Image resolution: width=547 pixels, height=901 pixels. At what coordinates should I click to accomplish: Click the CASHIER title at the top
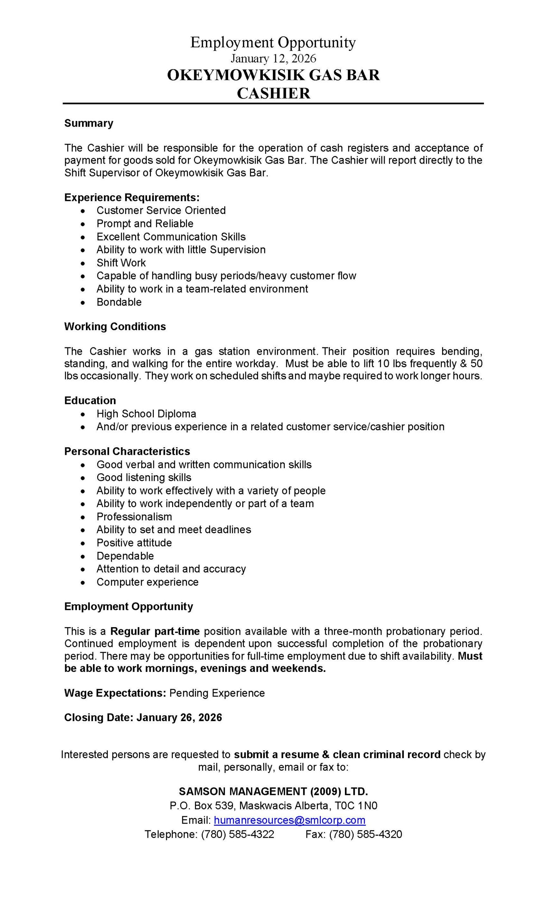coord(273,93)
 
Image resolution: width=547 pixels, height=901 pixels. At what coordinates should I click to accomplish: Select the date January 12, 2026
coord(273,58)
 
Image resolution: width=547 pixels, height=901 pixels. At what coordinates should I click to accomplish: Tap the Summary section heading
coord(88,123)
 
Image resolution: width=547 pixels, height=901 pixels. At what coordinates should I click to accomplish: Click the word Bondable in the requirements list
coord(119,302)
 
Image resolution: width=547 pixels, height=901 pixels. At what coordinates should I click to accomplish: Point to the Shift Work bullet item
coord(121,263)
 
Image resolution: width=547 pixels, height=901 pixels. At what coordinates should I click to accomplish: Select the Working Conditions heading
coord(115,327)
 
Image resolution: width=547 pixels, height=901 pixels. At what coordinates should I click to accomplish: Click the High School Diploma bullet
coord(146,414)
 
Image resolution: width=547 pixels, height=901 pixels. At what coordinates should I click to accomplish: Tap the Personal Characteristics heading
coord(127,451)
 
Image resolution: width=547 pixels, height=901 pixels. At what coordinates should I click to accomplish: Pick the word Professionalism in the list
coord(134,517)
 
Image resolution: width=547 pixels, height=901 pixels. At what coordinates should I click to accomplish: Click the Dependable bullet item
coord(125,556)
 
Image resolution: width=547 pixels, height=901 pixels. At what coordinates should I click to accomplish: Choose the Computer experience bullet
coord(147,582)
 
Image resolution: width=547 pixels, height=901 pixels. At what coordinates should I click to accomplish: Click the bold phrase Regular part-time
coord(155,631)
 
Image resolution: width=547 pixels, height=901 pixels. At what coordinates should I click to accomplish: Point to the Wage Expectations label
coord(115,693)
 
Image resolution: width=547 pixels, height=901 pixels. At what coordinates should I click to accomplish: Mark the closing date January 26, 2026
coord(179,717)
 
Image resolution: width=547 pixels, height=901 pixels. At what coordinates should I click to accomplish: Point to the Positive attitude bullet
coord(134,543)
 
